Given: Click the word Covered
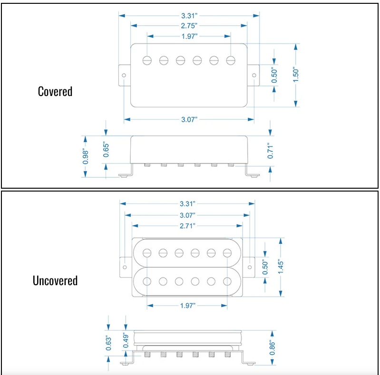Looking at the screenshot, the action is pyautogui.click(x=55, y=92).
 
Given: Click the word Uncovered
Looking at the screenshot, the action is pyautogui.click(x=55, y=281).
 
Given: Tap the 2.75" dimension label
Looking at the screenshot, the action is pyautogui.click(x=189, y=26).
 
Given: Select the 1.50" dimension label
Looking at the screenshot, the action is pyautogui.click(x=296, y=75).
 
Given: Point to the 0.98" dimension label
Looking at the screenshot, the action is pyautogui.click(x=85, y=156).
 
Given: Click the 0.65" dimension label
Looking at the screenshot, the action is pyautogui.click(x=106, y=150).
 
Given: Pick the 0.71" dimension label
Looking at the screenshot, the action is pyautogui.click(x=270, y=151).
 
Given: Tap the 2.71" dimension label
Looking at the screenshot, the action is pyautogui.click(x=187, y=226).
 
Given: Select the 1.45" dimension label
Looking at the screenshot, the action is pyautogui.click(x=281, y=267).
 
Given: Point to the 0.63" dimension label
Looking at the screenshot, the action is pyautogui.click(x=108, y=343).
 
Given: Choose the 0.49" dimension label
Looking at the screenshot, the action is pyautogui.click(x=126, y=340).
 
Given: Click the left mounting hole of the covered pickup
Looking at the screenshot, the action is pyautogui.click(x=124, y=76).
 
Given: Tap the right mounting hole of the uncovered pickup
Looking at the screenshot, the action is pyautogui.click(x=250, y=267).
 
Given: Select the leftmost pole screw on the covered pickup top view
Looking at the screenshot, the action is pyautogui.click(x=147, y=60).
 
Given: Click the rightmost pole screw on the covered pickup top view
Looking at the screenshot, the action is pyautogui.click(x=231, y=60).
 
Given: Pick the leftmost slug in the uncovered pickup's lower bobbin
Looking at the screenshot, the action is pyautogui.click(x=147, y=281).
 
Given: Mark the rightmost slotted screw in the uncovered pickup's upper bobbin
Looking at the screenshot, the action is pyautogui.click(x=227, y=253).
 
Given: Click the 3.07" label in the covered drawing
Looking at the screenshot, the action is pyautogui.click(x=189, y=120).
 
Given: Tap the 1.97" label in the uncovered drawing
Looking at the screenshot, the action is pyautogui.click(x=188, y=306).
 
